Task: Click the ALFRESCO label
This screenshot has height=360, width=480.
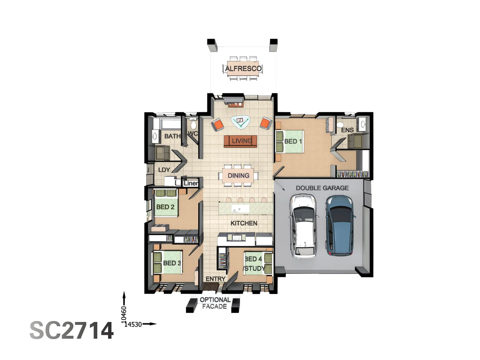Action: [243, 69]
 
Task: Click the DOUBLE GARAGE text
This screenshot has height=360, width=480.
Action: [322, 188]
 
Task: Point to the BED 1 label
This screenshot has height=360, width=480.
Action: [293, 141]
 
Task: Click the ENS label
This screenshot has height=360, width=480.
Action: [347, 130]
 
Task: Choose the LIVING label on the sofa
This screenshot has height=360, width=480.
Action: [242, 141]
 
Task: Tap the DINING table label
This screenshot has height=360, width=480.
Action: [238, 176]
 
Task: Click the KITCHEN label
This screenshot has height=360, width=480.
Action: [244, 223]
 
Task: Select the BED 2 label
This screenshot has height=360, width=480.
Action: [165, 207]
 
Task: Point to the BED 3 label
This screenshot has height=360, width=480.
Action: [172, 263]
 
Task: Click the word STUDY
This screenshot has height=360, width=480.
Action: [255, 268]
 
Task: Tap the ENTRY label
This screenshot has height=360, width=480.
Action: [215, 279]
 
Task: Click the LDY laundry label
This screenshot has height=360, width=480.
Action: [164, 170]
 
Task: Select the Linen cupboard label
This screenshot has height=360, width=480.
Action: [191, 183]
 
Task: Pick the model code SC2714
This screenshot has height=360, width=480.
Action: [72, 331]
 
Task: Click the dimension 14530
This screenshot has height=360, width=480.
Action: [133, 324]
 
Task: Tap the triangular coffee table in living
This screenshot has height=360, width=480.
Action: [240, 122]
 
